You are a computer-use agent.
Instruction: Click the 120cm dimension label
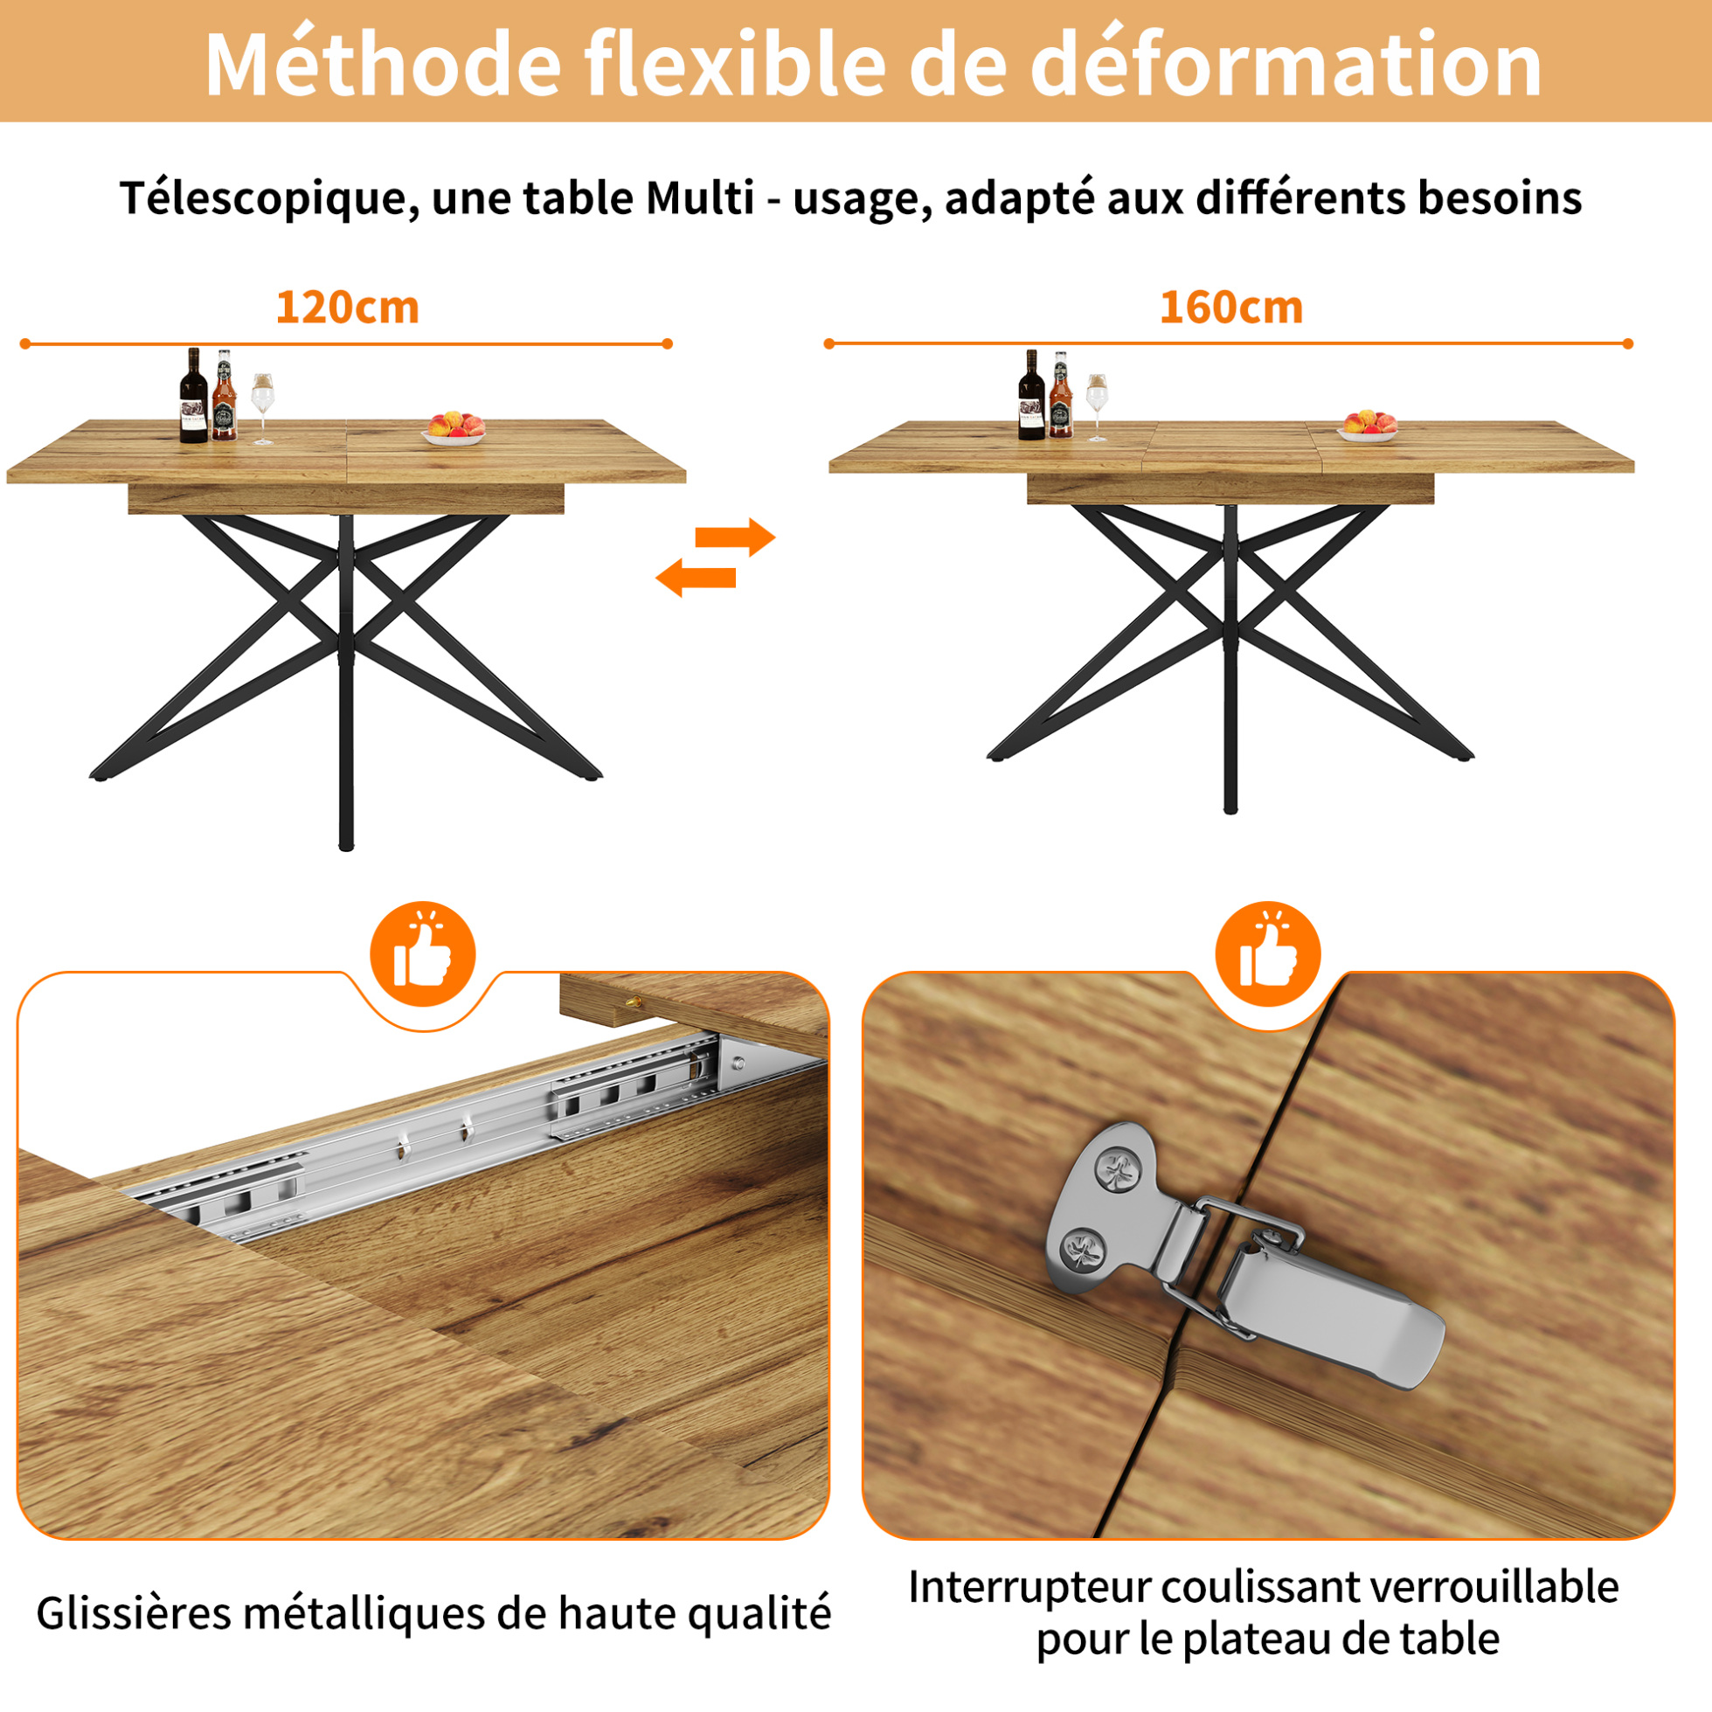pos(347,308)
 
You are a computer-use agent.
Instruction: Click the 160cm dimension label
pos(1230,308)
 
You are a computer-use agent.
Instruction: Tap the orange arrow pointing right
pos(735,537)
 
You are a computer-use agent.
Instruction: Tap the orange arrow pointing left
pos(696,577)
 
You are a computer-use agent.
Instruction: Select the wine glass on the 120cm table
pos(263,408)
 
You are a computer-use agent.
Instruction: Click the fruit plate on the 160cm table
pos(1368,426)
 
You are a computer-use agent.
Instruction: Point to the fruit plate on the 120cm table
pos(454,428)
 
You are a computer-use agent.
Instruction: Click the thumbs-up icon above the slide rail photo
pos(423,953)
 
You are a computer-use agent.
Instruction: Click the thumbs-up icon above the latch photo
pos(1268,953)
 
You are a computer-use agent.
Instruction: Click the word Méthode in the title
pos(383,64)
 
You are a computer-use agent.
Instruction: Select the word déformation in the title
pos(1286,64)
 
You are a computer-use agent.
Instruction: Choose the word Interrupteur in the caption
pos(1029,1587)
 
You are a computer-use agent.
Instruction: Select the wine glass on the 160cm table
pos(1097,407)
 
